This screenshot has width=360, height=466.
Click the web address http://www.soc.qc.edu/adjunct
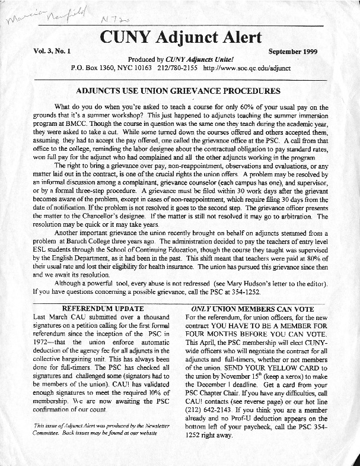click(246, 68)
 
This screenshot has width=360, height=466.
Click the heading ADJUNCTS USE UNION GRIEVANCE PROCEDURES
click(179, 91)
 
